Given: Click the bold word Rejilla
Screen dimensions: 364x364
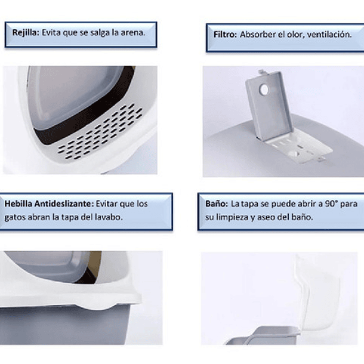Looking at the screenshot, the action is click(x=26, y=33).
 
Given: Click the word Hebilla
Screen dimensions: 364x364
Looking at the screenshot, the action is click(x=18, y=203).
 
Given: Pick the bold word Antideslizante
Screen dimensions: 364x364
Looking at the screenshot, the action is click(x=64, y=203).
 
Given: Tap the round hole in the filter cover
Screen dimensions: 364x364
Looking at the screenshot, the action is click(x=264, y=90).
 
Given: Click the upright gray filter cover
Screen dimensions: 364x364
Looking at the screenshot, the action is click(x=269, y=106).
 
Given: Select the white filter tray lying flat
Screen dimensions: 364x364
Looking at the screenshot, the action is click(x=300, y=146).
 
